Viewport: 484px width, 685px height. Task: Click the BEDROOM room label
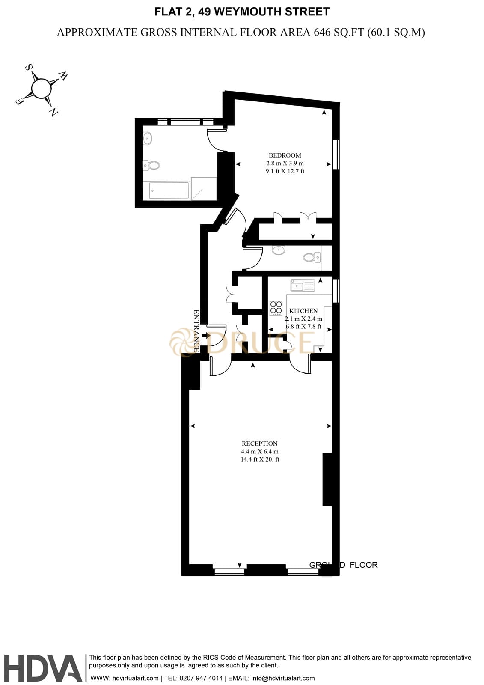tap(285, 155)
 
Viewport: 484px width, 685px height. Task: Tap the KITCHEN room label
tap(303, 311)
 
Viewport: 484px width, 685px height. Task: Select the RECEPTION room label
tap(259, 444)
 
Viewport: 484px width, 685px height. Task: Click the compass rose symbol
tap(41, 89)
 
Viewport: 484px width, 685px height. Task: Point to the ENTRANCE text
tap(196, 331)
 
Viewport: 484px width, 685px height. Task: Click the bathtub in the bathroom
tap(169, 191)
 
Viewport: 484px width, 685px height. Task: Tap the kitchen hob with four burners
tap(276, 308)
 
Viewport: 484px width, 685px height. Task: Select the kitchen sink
tap(302, 285)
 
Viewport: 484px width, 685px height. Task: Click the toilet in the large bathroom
tap(151, 165)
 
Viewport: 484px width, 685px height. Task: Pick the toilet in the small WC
tap(310, 257)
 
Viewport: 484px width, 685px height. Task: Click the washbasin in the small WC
tap(279, 250)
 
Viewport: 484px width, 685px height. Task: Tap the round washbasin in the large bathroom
tap(147, 138)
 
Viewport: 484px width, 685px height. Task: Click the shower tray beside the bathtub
tap(204, 188)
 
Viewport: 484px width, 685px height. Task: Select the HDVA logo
tap(43, 668)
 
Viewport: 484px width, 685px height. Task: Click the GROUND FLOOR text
tap(343, 565)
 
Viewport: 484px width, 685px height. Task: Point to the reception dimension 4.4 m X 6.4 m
tap(259, 452)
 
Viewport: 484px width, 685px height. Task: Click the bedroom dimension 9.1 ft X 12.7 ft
tap(285, 171)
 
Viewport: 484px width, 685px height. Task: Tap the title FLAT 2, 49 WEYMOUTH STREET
tap(242, 12)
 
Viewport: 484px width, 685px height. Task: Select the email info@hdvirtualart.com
tap(283, 678)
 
